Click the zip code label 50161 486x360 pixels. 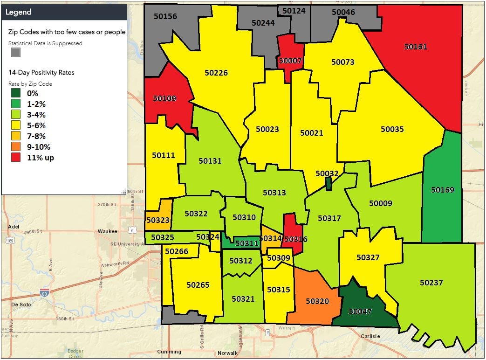[415, 47]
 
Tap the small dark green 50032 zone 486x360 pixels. [328, 184]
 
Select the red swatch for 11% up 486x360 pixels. [16, 158]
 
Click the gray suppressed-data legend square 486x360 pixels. [16, 52]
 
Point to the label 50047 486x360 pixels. [360, 311]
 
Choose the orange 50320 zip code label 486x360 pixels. [317, 301]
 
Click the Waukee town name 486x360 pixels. [108, 231]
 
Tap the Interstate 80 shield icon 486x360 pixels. [44, 293]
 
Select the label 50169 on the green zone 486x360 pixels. [442, 190]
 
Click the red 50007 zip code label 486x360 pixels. [290, 60]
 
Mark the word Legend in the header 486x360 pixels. [19, 12]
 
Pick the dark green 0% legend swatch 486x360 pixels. [16, 93]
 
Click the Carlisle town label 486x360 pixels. [370, 336]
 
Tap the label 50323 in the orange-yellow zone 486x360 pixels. [157, 220]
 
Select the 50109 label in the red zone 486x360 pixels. [164, 98]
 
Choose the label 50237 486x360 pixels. [431, 283]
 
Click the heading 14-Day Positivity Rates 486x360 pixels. [41, 73]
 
